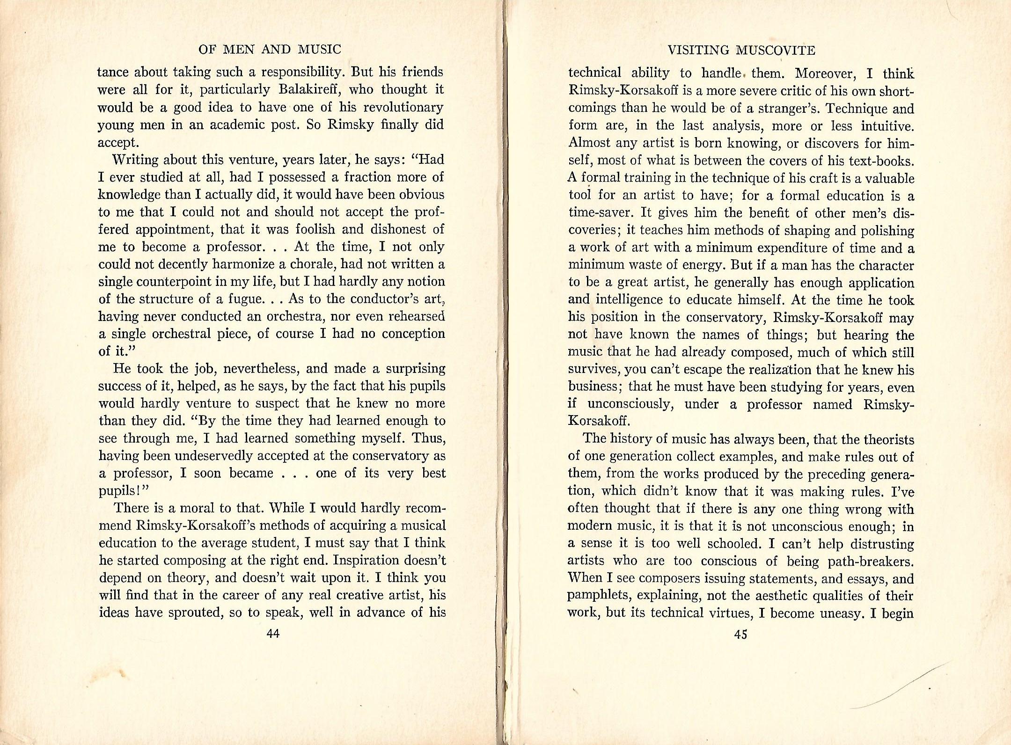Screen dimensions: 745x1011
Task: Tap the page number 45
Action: (x=740, y=635)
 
